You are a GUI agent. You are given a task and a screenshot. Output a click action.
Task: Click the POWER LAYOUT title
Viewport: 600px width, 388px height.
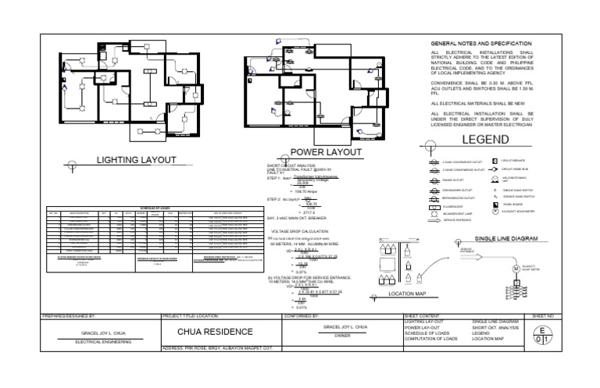click(326, 152)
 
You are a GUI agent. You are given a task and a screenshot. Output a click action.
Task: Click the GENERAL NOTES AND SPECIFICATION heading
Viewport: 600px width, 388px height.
click(481, 42)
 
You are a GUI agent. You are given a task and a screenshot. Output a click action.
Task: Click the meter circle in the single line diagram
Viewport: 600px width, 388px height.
click(516, 269)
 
